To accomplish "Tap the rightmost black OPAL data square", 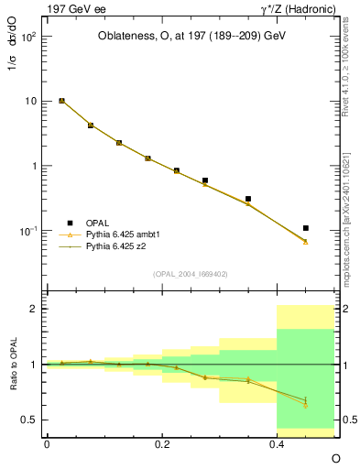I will pos(306,228).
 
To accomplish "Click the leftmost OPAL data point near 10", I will pos(61,101).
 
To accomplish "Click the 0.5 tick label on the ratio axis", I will pos(28,420).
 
